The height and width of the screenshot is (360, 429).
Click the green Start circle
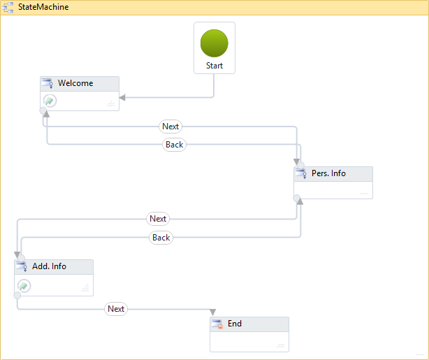[x=214, y=43]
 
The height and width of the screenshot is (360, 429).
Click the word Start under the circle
[x=214, y=66]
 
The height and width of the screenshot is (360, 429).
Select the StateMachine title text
[x=43, y=7]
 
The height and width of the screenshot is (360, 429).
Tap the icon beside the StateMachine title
[x=9, y=7]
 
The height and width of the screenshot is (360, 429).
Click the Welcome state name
[x=75, y=83]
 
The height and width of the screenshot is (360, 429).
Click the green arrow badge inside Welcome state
[x=50, y=101]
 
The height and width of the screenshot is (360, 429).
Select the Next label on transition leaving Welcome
[x=170, y=127]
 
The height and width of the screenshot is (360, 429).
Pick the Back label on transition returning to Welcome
[x=174, y=145]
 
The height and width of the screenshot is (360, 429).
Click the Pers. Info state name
[x=328, y=173]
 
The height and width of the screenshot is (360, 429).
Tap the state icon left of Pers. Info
[x=301, y=173]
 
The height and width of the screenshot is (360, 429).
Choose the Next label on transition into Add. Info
[x=159, y=219]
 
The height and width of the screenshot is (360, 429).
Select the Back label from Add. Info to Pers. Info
[x=161, y=238]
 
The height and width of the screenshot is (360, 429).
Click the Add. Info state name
[x=50, y=266]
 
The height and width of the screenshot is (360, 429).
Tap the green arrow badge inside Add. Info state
[x=24, y=285]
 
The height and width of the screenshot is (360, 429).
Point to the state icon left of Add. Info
[x=22, y=267]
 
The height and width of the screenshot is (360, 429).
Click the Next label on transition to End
[x=116, y=309]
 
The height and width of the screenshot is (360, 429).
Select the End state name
[x=235, y=324]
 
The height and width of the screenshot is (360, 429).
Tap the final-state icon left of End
[x=217, y=324]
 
